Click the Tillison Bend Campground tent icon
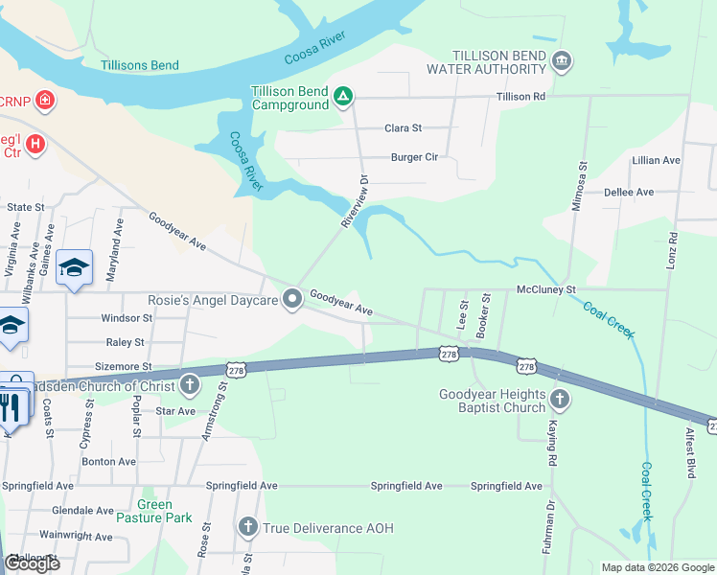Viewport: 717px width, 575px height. [343, 96]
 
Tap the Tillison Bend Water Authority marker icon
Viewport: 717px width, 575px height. [562, 63]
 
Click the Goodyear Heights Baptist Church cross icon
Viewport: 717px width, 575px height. [559, 400]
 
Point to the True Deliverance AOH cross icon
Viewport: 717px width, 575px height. [248, 528]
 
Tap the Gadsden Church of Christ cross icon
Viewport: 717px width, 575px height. [190, 385]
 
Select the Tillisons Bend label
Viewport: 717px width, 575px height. [139, 65]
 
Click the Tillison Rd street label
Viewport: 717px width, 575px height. [520, 97]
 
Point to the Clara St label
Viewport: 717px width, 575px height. [403, 128]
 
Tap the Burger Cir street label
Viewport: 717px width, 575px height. [413, 157]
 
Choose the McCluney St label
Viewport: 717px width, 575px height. [544, 288]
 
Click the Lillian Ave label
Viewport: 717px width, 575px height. [656, 160]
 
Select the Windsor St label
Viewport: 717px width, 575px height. [127, 317]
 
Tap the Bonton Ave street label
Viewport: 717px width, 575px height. [108, 461]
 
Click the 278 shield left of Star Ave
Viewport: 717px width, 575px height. [237, 369]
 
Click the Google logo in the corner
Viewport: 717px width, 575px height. [32, 563]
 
